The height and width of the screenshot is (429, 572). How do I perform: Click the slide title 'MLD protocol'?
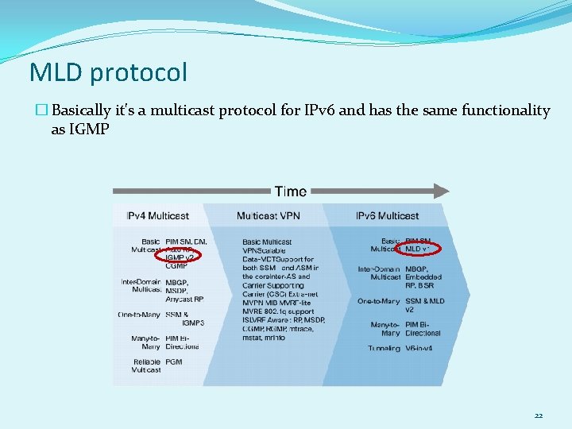108,73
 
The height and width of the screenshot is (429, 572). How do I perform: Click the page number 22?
538,415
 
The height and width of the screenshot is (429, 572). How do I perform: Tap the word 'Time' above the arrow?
290,191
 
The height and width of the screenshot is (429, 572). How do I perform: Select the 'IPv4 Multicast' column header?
157,215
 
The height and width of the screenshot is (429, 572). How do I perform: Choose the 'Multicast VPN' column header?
266,215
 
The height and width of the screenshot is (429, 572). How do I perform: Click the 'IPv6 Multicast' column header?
387,215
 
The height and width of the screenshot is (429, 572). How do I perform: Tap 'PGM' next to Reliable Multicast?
174,361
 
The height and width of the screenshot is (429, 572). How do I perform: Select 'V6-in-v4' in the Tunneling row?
422,348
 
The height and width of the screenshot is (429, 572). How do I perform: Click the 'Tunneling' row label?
384,348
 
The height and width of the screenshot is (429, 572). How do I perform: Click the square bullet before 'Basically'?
43,111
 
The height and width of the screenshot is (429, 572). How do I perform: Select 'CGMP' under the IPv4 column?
176,266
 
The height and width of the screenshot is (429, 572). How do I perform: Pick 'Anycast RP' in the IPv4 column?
184,299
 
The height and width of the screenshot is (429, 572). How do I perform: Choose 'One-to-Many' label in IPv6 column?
379,301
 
